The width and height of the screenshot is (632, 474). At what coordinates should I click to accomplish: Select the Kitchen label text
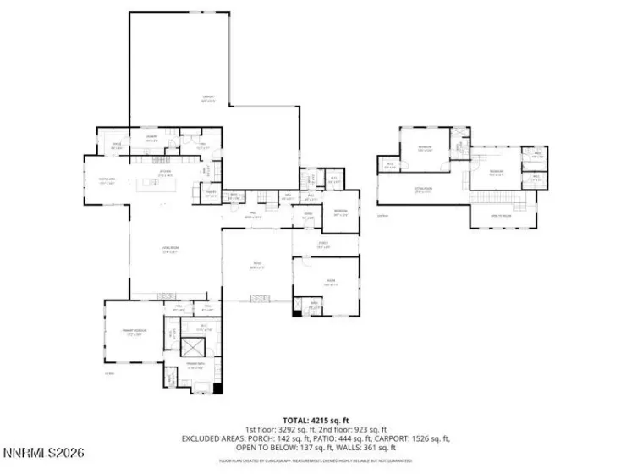pyautogui.click(x=165, y=171)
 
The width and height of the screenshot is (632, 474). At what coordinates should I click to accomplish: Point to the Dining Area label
pyautogui.click(x=107, y=180)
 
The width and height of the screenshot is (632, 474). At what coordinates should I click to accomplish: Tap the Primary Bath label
pyautogui.click(x=195, y=367)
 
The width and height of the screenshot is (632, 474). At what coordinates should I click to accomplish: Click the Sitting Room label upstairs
pyautogui.click(x=423, y=190)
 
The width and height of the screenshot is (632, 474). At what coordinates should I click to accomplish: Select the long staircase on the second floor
pyautogui.click(x=503, y=198)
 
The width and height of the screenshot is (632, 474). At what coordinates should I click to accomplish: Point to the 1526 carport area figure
pyautogui.click(x=420, y=439)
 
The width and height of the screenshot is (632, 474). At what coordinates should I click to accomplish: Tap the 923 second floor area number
pyautogui.click(x=360, y=430)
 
